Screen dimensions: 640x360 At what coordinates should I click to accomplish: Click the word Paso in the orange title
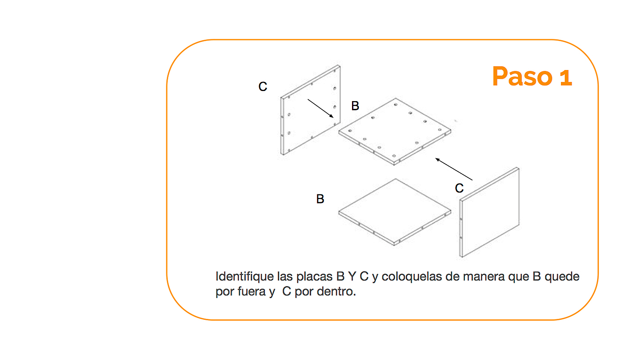(522, 76)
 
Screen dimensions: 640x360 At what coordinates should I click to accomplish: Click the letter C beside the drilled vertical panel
(262, 86)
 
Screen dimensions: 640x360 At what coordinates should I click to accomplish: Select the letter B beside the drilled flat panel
(355, 106)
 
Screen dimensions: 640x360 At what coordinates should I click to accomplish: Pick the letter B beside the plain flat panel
(320, 199)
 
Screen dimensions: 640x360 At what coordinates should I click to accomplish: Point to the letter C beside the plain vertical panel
(459, 188)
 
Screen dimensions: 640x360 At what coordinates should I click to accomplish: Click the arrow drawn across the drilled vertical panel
(320, 108)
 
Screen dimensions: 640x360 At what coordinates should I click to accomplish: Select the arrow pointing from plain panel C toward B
(453, 169)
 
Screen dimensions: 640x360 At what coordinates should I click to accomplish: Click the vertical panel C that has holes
(310, 110)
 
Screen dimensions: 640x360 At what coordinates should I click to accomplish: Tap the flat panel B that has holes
(395, 132)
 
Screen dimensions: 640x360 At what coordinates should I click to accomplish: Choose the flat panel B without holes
(395, 212)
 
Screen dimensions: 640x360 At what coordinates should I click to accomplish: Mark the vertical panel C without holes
(489, 212)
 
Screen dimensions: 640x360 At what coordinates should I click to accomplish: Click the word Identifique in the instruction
(245, 277)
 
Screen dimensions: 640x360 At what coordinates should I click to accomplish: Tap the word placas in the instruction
(315, 277)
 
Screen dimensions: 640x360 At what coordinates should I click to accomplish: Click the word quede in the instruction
(562, 276)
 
